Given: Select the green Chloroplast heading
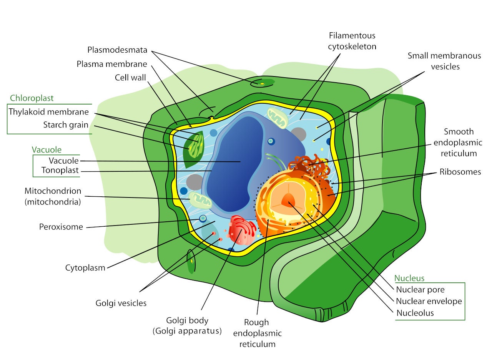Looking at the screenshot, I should [x=32, y=98].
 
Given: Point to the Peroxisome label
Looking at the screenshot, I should [x=61, y=227].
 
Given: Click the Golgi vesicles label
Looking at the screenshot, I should [x=121, y=303].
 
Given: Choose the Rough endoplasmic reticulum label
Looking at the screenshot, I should [x=257, y=333].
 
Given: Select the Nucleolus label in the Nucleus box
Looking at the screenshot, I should [x=415, y=313].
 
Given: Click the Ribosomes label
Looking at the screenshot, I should [x=460, y=172].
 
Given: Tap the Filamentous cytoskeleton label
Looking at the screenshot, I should [x=352, y=41].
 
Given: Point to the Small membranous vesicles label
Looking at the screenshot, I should [x=444, y=61].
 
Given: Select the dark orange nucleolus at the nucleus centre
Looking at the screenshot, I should [x=288, y=200].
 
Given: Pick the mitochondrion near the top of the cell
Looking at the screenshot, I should [x=277, y=118].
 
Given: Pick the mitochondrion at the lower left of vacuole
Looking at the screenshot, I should [x=199, y=200].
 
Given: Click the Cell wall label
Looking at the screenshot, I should [x=130, y=78].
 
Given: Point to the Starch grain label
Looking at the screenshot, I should [x=65, y=125].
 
